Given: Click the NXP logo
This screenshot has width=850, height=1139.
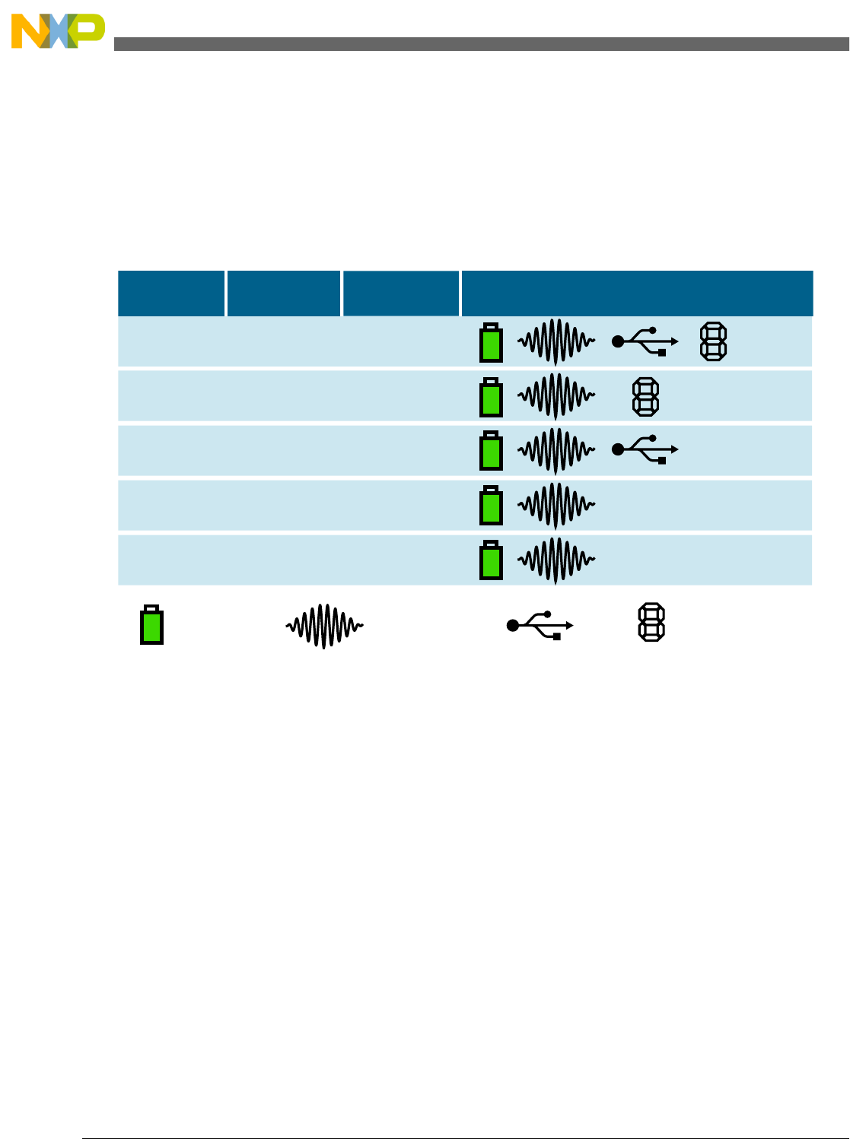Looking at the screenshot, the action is coord(58,31).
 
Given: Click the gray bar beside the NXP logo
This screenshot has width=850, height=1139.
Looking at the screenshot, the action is coord(481,44).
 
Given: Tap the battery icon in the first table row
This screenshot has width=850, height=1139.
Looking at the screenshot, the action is coord(491,343).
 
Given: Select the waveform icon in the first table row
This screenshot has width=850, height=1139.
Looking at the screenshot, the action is coord(556,342).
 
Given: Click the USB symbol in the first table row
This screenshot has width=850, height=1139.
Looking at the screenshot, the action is coord(645,341).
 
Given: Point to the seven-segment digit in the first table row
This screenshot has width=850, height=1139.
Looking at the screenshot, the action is coord(713,342).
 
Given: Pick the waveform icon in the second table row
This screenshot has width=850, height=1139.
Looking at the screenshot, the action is coord(556,397).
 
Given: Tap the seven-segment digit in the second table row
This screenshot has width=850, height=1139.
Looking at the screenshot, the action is coord(646,397).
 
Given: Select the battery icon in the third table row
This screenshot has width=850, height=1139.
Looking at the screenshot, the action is coord(491,452).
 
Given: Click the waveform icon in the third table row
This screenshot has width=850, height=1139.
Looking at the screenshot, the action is coord(556,451).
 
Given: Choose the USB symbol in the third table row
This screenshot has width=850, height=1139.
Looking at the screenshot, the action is coord(645,449).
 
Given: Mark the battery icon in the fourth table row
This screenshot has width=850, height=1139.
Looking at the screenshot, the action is coord(491,506).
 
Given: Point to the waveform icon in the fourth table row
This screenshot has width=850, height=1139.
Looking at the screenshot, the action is coord(556,506).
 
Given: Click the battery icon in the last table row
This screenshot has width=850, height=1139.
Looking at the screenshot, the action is coord(491,560).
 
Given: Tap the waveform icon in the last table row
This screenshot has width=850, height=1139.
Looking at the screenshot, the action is coord(556,560).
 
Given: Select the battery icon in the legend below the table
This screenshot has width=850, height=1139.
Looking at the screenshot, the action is coord(151,625).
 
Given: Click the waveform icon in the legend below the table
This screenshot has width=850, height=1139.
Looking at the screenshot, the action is coord(325,626).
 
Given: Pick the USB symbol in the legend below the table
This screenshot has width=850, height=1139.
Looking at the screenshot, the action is coord(540,625).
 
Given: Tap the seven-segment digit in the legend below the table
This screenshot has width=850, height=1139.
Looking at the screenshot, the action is coord(651,623).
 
